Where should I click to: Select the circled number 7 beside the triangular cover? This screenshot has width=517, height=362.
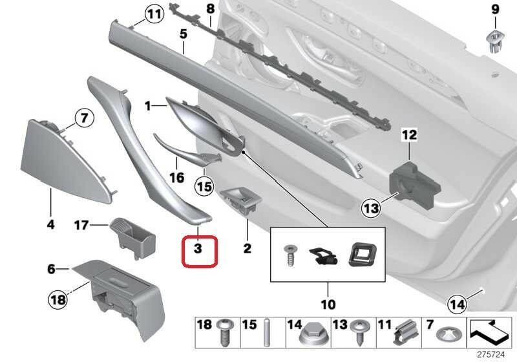pyautogui.click(x=83, y=118)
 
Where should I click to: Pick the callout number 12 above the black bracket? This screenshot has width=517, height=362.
pyautogui.click(x=410, y=135)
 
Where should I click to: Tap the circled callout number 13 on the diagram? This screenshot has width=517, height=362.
pyautogui.click(x=370, y=209)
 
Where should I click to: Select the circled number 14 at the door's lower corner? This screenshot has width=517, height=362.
pyautogui.click(x=458, y=302)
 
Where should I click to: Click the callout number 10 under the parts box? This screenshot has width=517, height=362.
pyautogui.click(x=328, y=304)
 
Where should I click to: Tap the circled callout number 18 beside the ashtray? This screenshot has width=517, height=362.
pyautogui.click(x=59, y=299)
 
